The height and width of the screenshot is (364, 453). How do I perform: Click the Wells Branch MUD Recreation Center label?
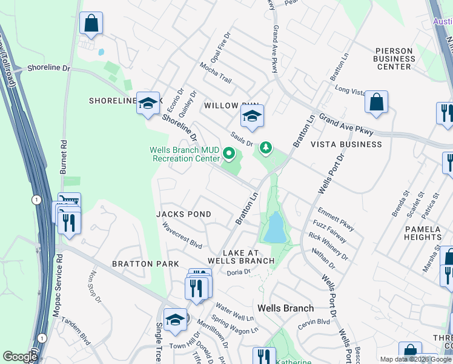(x=185, y=154)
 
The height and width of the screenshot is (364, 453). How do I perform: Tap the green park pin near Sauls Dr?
(x=265, y=147)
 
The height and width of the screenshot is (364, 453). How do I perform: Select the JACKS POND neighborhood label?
(x=184, y=214)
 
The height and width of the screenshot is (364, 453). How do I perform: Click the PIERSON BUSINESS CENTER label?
(x=394, y=58)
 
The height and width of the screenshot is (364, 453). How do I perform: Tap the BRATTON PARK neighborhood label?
(x=145, y=264)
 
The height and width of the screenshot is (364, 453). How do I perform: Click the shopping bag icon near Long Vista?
(x=377, y=103)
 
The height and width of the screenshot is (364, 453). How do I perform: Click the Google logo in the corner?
(x=19, y=357)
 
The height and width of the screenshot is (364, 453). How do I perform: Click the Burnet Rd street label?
(x=63, y=157)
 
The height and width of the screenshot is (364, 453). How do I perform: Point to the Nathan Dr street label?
(x=323, y=258)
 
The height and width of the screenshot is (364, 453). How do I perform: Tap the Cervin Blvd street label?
(x=314, y=324)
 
